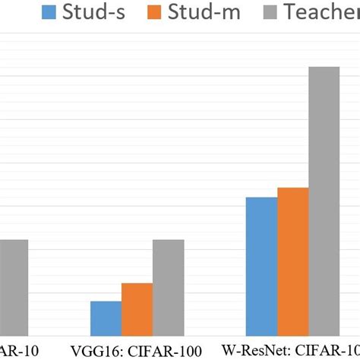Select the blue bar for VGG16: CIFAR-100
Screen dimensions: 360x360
point(106,318)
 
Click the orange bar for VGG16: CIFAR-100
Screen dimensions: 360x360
point(137,309)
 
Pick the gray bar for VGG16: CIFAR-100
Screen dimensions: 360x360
point(168,288)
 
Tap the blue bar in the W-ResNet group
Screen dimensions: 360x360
point(261,266)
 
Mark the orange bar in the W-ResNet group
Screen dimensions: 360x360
point(292,261)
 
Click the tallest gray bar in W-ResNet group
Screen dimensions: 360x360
point(324,201)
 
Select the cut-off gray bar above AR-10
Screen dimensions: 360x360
point(14,288)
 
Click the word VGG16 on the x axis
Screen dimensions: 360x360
point(93,350)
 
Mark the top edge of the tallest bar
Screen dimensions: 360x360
point(324,68)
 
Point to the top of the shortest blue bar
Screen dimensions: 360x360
point(106,302)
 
